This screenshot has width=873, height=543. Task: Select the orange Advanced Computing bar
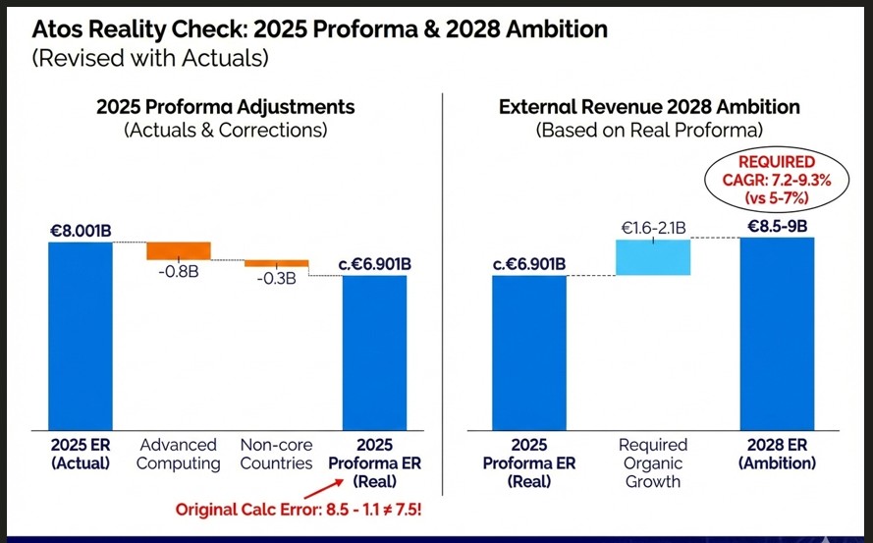179,250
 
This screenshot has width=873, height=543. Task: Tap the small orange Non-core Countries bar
276,263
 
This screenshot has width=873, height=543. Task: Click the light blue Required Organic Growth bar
653,257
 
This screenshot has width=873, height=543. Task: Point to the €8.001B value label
81,231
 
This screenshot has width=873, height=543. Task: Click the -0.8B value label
179,271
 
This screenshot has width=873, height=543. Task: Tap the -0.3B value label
276,280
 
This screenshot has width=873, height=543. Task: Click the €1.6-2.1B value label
653,229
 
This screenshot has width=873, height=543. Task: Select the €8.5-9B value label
777,226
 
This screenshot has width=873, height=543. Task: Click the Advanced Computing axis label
179,454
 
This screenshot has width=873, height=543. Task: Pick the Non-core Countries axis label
276,454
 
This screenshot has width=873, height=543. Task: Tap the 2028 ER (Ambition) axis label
777,454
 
